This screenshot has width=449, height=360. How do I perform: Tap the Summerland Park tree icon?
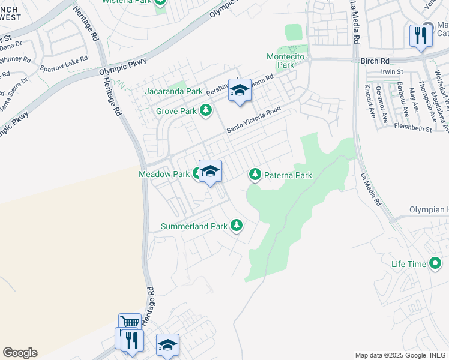(237, 226)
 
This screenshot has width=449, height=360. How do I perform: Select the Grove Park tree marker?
(206, 110)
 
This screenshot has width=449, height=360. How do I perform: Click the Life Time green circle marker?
(435, 263)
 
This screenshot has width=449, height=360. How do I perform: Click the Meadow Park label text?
(164, 174)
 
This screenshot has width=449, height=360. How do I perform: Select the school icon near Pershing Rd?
(240, 91)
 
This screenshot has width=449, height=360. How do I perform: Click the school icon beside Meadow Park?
(210, 172)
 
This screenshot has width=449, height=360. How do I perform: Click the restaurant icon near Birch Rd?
(421, 35)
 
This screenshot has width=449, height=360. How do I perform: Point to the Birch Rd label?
(375, 61)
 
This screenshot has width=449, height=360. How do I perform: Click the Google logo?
(20, 353)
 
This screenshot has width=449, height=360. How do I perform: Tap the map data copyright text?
(400, 355)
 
